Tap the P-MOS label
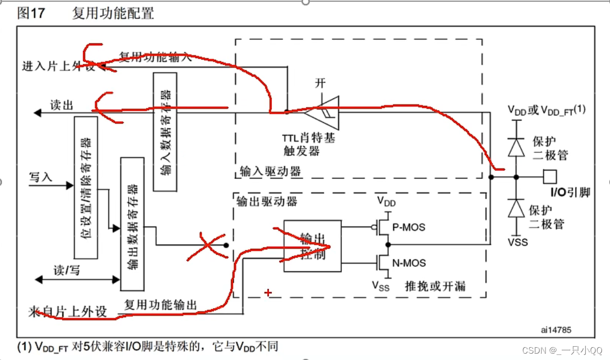pyautogui.click(x=409, y=228)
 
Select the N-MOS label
pyautogui.click(x=409, y=263)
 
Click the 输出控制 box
pyautogui.click(x=312, y=246)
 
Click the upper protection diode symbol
pyautogui.click(x=516, y=148)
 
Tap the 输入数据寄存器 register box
pyautogui.click(x=165, y=131)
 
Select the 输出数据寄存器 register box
pyautogui.click(x=132, y=224)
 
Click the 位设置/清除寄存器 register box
pyautogui.click(x=85, y=188)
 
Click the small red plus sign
pyautogui.click(x=268, y=292)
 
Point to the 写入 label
pyautogui.click(x=41, y=177)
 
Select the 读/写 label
pyautogui.click(x=67, y=270)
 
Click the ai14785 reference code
pyautogui.click(x=556, y=330)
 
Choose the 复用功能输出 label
pyautogui.click(x=160, y=305)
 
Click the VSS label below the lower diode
pyautogui.click(x=517, y=242)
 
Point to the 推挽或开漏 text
pyautogui.click(x=435, y=286)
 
